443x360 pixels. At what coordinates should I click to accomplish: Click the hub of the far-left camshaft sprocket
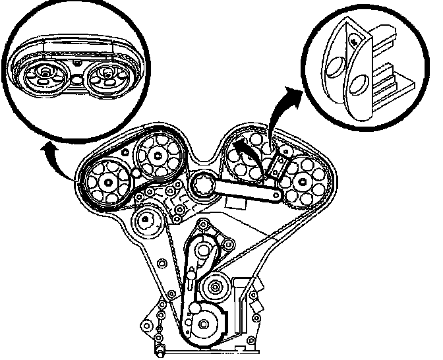click(x=105, y=181)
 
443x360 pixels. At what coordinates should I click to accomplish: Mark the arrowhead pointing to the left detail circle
click(x=45, y=150)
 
